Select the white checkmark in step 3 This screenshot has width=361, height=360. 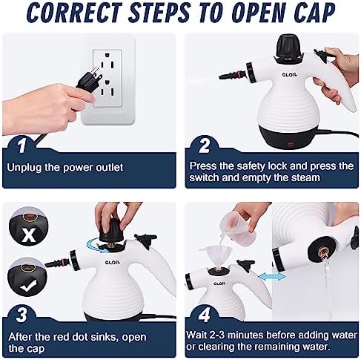point(27,283)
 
